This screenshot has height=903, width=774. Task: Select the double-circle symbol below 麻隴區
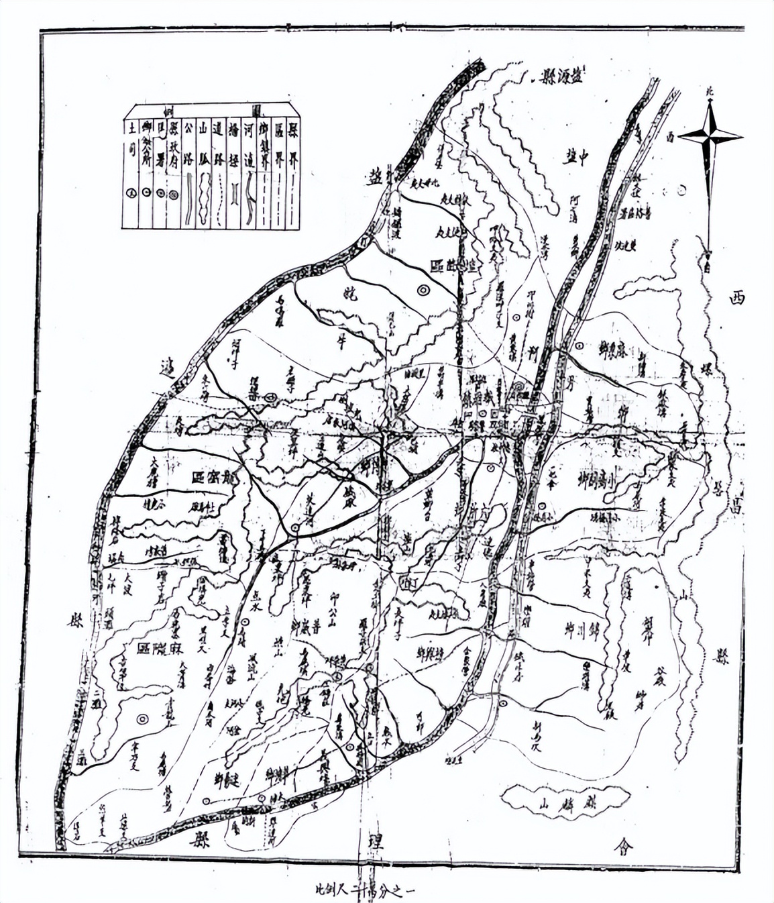click(x=142, y=719)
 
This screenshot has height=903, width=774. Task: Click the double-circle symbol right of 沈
click(x=423, y=290)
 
